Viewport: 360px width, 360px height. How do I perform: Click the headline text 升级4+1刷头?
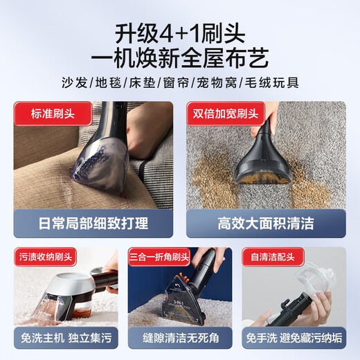[180, 33]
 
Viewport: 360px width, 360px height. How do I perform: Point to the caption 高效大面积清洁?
[266, 224]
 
